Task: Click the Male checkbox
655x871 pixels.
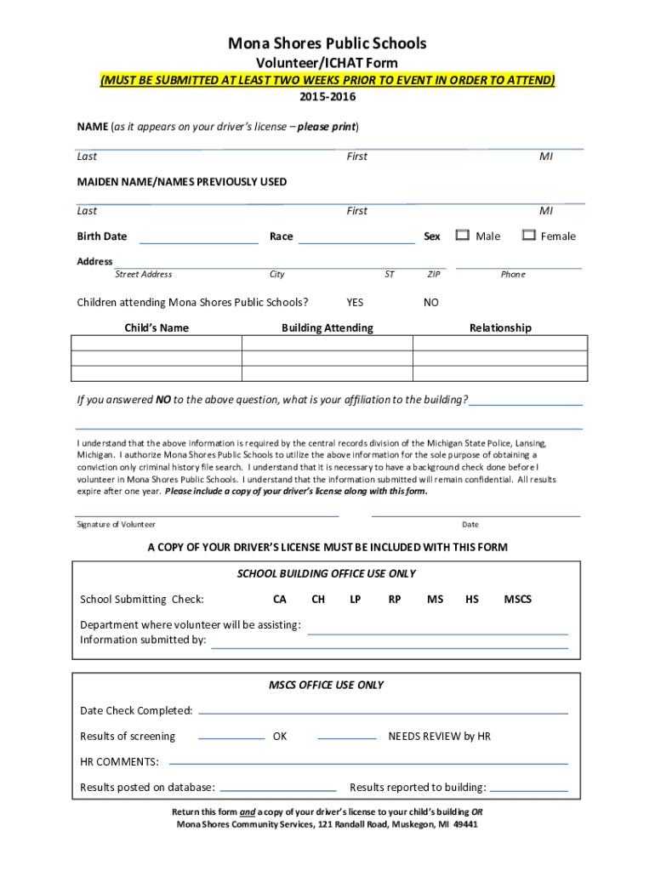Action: coord(463,236)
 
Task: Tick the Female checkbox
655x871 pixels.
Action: coord(528,236)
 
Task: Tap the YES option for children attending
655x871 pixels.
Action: coord(355,302)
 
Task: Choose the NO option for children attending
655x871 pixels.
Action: coord(431,302)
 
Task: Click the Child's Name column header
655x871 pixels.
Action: coord(157,327)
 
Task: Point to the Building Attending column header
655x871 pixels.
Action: coord(327,327)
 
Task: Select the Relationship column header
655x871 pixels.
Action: coord(500,327)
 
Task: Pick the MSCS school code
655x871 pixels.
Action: coord(517,600)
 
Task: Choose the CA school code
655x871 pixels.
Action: coord(279,600)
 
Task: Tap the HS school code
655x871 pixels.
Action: coord(471,600)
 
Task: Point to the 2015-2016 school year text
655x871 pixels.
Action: coord(327,97)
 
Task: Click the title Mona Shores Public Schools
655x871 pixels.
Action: coord(327,43)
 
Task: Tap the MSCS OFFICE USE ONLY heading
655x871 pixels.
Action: coord(327,685)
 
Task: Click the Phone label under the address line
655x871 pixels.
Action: coord(513,274)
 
